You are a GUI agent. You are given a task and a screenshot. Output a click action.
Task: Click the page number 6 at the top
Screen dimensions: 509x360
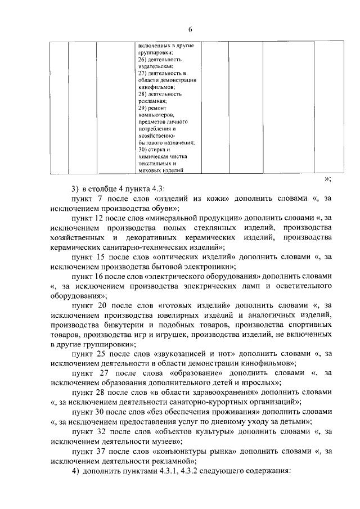point(190,30)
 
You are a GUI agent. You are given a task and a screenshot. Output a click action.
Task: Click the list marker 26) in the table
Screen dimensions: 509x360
point(142,59)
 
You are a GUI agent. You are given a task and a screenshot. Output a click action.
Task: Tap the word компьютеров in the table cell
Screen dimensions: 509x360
point(155,114)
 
